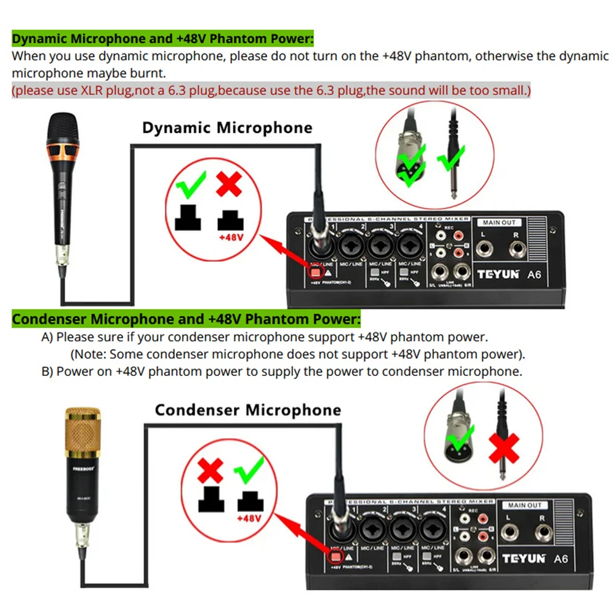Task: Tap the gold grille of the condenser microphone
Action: [82, 429]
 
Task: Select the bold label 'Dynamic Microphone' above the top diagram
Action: [227, 128]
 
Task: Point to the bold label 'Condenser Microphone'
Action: [247, 410]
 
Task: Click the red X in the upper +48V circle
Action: [228, 183]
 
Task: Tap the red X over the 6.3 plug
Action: [503, 448]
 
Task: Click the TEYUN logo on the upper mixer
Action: [497, 274]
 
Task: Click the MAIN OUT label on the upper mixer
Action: [500, 222]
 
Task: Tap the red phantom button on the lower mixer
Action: [335, 558]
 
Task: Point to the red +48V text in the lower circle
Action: [250, 518]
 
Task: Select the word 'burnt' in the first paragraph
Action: [147, 73]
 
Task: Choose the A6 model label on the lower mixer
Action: [561, 559]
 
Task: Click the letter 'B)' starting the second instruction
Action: [47, 372]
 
